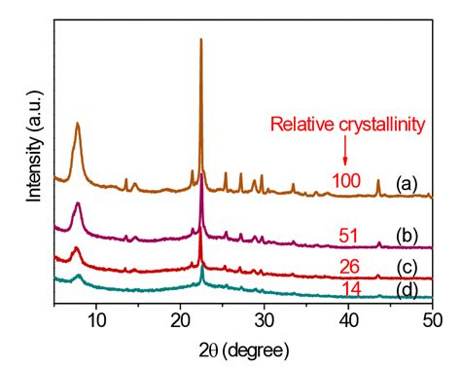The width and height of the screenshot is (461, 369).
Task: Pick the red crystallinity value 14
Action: click(x=350, y=288)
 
